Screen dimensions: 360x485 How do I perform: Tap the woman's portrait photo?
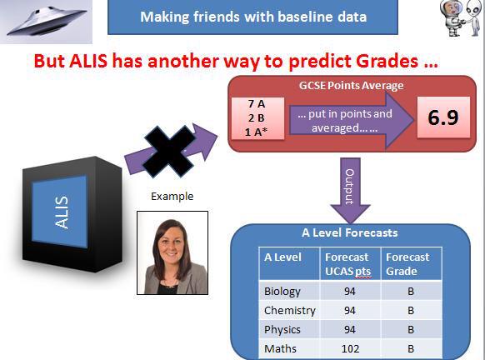coord(172,252)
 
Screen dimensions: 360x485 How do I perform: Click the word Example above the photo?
coord(172,197)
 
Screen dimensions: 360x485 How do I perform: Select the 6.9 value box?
coord(442,117)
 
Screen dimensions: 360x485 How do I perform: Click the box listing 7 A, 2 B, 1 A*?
coord(257,117)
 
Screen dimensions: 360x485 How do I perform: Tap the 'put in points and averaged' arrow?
coord(349,117)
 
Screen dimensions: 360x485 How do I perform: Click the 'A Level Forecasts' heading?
coord(349,233)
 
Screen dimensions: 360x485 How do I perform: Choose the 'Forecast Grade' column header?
coord(408,264)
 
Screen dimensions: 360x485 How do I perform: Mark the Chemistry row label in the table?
coord(288,311)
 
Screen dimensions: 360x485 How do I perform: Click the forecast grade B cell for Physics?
coord(410,329)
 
